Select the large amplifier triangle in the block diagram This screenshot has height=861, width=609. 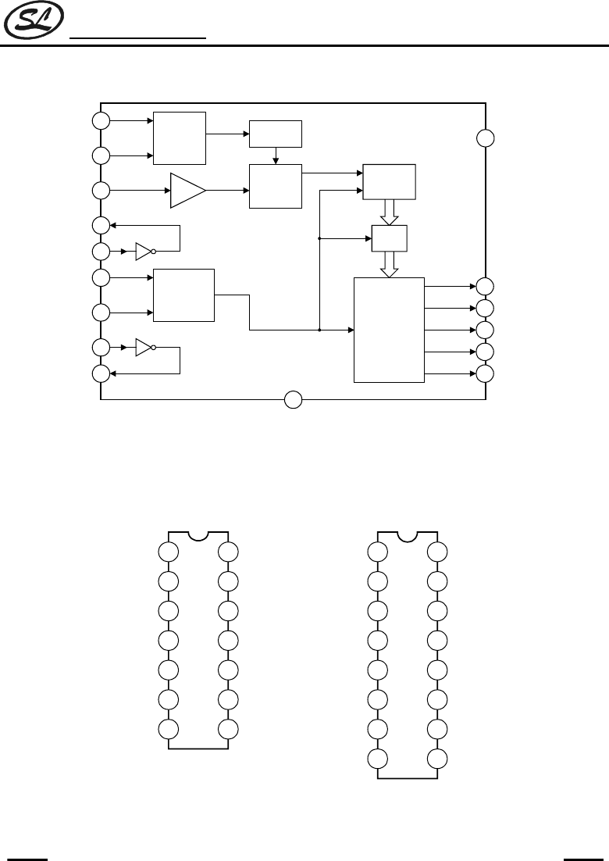tap(187, 191)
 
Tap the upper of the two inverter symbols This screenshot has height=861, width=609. tap(144, 252)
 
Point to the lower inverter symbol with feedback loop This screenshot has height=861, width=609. tap(144, 347)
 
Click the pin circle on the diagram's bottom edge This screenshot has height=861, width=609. tap(293, 400)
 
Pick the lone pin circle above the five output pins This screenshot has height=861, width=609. tap(486, 138)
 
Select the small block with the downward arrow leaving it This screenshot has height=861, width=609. tap(275, 134)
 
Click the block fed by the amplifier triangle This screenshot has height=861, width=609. tap(275, 187)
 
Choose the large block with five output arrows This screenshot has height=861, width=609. tap(389, 329)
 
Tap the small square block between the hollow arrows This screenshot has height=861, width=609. tap(389, 238)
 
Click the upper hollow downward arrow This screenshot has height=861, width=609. tap(389, 211)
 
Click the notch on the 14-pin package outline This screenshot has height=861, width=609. tap(198, 536)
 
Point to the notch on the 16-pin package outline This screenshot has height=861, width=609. tap(407, 536)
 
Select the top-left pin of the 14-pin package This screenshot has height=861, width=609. tap(169, 552)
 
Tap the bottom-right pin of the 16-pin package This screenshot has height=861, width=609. tap(437, 758)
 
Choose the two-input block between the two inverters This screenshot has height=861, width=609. tap(184, 295)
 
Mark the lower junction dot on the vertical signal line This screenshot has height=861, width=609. tap(320, 330)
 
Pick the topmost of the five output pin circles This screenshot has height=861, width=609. tap(486, 286)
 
